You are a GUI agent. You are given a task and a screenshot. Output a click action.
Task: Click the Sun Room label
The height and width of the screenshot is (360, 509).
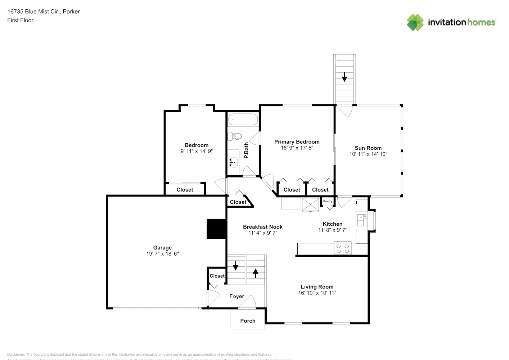[x=368, y=148]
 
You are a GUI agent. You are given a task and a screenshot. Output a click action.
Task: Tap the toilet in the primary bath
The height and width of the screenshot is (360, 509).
[x=235, y=136]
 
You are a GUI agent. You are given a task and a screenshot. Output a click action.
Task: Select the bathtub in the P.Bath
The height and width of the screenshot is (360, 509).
[x=243, y=120]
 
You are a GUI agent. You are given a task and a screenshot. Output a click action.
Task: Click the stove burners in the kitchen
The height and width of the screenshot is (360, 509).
[x=342, y=249]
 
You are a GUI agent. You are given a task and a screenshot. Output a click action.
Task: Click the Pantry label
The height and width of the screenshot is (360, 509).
[x=328, y=201]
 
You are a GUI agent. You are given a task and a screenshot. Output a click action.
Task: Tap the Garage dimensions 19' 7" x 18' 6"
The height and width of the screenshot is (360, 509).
[x=162, y=254]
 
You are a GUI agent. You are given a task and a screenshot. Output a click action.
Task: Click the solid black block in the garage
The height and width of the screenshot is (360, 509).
[x=216, y=229]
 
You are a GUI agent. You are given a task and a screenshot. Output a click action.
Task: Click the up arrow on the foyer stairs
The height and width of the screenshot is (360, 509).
[x=256, y=274]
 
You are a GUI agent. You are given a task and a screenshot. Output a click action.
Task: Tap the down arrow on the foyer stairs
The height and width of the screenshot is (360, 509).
[x=235, y=266]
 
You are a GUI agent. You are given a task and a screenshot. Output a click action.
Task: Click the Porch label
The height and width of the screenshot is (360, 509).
[x=248, y=321]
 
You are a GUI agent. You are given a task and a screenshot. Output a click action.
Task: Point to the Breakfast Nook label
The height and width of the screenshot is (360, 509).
[x=262, y=227]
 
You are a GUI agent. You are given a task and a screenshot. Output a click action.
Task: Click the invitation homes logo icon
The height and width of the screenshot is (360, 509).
[x=415, y=22]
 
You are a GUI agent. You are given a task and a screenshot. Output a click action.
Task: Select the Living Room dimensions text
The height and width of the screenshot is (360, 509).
[x=317, y=293]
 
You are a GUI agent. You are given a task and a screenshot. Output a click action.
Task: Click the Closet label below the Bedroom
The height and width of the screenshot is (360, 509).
[x=185, y=190]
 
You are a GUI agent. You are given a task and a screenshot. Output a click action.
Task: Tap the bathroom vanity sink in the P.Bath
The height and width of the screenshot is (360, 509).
[x=233, y=162]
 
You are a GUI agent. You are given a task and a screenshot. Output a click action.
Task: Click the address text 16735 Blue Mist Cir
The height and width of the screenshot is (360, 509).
[x=33, y=12]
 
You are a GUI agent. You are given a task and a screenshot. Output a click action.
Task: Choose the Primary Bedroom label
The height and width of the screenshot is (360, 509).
[x=297, y=142]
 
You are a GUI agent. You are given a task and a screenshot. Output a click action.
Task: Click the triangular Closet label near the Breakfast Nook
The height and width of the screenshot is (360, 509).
[x=238, y=202]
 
